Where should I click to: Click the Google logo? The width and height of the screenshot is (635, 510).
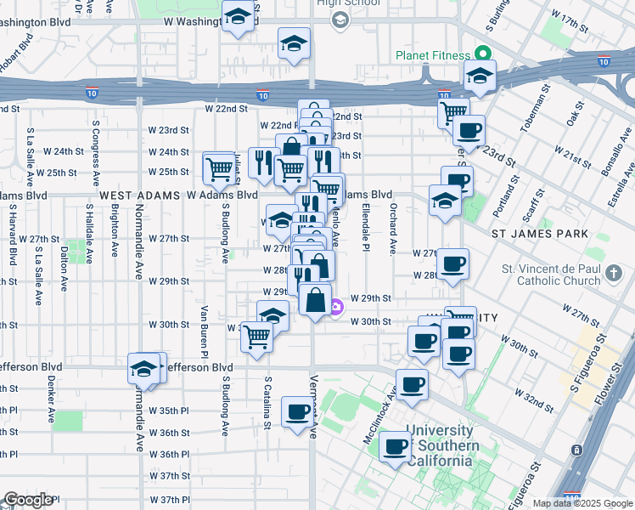tap(28, 500)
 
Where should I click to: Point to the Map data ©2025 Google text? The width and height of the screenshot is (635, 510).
tap(582, 503)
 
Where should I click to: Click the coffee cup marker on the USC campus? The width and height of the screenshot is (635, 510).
tap(396, 447)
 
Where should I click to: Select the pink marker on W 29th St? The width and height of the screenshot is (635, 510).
tap(336, 307)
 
